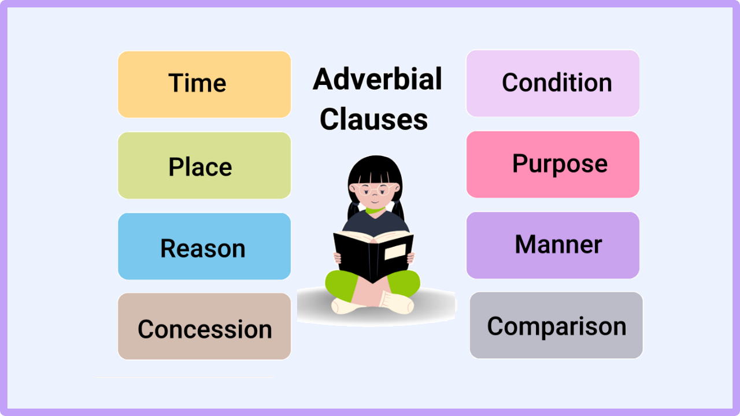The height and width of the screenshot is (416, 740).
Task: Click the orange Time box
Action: (205, 84)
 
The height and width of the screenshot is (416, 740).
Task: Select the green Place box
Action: (205, 165)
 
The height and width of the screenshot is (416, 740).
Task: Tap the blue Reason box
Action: (205, 246)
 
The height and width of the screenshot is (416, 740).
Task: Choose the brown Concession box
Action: (205, 326)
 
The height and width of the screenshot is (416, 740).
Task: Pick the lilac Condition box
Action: (553, 83)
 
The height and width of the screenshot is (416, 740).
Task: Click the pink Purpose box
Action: (553, 165)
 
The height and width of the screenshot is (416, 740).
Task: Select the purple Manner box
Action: (553, 246)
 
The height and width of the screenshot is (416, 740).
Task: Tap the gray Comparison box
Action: (556, 325)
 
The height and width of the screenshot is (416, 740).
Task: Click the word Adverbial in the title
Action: (378, 79)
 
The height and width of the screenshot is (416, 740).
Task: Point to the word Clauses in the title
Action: (373, 119)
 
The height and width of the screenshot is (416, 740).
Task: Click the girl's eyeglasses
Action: (375, 189)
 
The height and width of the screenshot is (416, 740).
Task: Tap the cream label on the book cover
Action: (395, 252)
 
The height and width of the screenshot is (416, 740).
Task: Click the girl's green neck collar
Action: (375, 210)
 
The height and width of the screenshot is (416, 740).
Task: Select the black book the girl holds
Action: (373, 256)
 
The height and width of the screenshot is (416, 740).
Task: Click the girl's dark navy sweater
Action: (376, 224)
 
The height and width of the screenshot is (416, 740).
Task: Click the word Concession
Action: (205, 329)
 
